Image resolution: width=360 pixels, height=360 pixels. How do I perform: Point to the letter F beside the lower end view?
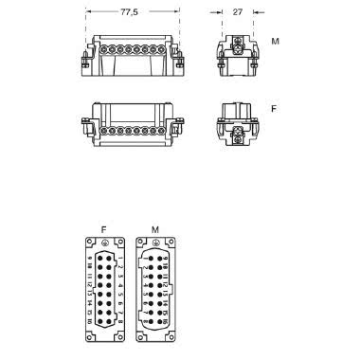275,111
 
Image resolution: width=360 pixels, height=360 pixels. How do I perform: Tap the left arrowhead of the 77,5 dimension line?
87,14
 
